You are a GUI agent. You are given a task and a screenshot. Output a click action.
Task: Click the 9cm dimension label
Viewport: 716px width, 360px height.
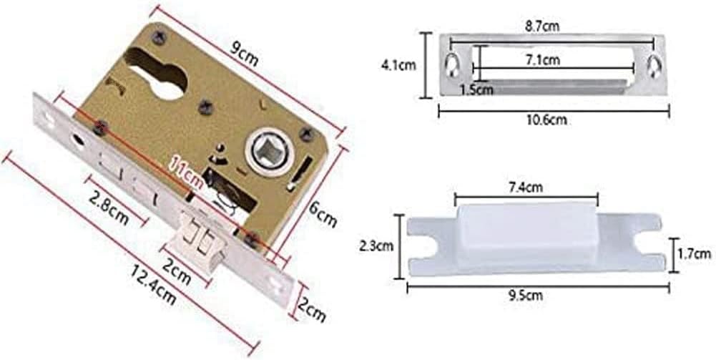pyautogui.click(x=244, y=54)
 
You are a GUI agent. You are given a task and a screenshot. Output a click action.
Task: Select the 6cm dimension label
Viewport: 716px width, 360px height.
pyautogui.click(x=323, y=214)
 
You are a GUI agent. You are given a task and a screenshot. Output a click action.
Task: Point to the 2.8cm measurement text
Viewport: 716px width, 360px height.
pyautogui.click(x=108, y=210)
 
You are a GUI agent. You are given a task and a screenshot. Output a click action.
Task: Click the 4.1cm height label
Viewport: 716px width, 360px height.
pyautogui.click(x=398, y=65)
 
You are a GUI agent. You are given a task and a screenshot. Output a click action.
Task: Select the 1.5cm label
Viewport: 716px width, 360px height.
pyautogui.click(x=476, y=89)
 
